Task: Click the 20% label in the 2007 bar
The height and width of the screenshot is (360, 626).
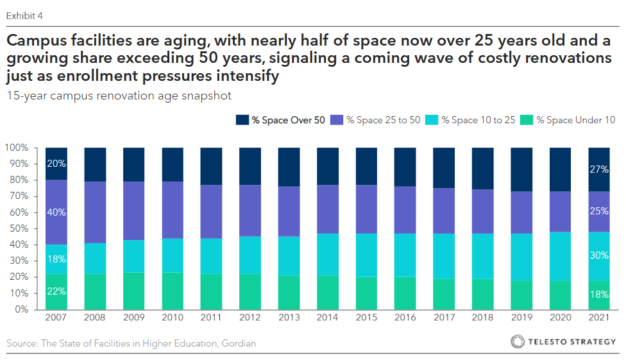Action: [56, 164]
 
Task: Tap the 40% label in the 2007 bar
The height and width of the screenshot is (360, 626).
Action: [56, 212]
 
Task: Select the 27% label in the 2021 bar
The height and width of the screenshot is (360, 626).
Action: [599, 170]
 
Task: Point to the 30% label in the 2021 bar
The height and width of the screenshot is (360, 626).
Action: [599, 255]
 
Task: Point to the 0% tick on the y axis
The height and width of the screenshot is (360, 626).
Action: [21, 309]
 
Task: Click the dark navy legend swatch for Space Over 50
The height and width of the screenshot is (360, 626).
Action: [242, 120]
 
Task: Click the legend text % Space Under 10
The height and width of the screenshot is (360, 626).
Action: [575, 120]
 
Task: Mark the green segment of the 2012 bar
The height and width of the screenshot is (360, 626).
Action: [250, 291]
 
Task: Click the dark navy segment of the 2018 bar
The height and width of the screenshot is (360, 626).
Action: [482, 168]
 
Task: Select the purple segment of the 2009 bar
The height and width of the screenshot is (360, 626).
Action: [133, 210]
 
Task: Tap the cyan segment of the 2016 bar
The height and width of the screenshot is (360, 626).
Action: [405, 255]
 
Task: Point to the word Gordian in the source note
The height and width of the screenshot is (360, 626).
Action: [239, 344]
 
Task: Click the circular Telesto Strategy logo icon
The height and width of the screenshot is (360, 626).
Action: [518, 342]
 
